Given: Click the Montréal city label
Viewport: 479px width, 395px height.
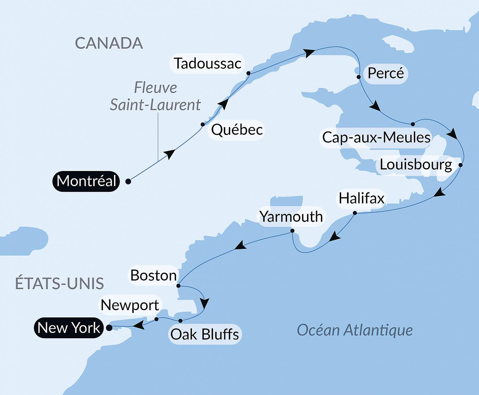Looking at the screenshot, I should [x=86, y=181].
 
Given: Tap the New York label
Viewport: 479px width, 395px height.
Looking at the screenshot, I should [x=69, y=327].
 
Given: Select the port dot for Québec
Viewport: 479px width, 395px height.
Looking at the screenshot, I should [x=203, y=124].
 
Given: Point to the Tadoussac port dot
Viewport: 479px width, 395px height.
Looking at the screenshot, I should [x=249, y=73].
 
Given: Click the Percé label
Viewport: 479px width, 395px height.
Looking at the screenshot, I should [x=385, y=73].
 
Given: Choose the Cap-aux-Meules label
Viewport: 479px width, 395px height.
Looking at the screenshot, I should [x=376, y=137].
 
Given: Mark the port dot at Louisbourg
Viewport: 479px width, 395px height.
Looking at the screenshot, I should [x=460, y=165].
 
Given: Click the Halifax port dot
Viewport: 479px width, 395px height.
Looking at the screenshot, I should [x=355, y=213].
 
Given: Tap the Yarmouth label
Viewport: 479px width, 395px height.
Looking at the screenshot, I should [x=291, y=217].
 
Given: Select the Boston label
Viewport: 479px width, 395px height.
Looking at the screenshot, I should [x=153, y=276].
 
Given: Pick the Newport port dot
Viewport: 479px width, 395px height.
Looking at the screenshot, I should [x=156, y=319].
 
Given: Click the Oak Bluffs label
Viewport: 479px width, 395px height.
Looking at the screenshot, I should [x=204, y=334].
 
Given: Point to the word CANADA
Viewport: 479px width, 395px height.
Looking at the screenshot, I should [x=109, y=43].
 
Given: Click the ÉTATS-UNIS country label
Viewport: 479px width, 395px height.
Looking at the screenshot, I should [x=59, y=284].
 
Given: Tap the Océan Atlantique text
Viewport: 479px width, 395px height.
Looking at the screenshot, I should [x=355, y=330].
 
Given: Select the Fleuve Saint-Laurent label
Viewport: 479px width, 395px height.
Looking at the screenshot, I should [x=155, y=96].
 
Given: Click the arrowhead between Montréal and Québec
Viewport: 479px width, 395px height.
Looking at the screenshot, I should [x=169, y=154].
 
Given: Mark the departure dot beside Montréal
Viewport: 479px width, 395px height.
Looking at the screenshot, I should [x=128, y=181].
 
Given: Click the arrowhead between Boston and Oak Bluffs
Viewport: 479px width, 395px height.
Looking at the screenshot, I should [x=204, y=303].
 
